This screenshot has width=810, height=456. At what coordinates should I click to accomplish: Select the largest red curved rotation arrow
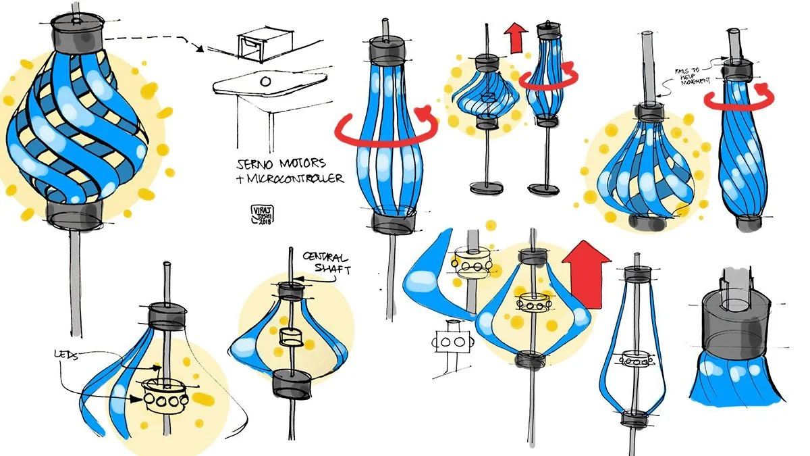pos(387,128)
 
